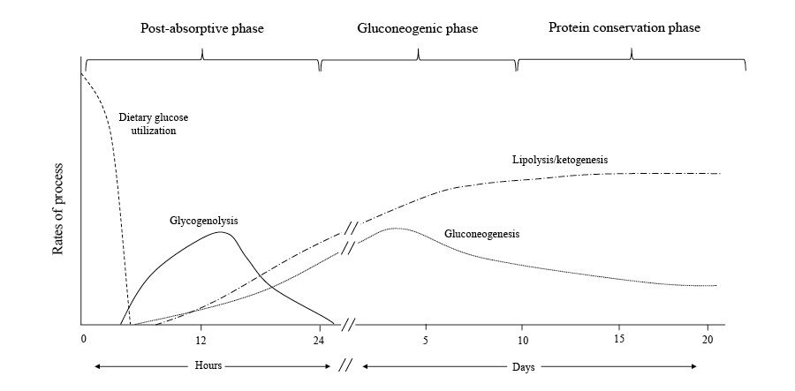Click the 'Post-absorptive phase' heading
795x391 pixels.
(x=202, y=28)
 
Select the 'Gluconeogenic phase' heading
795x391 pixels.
(x=417, y=28)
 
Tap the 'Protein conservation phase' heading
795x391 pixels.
(x=624, y=27)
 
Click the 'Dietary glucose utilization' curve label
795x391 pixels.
(x=154, y=124)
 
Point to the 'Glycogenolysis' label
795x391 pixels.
(x=204, y=220)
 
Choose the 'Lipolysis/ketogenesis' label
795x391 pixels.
(x=560, y=160)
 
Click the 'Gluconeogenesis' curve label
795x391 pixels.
(x=481, y=234)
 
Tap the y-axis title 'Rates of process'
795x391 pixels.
(x=58, y=208)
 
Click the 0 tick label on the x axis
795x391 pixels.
(x=83, y=340)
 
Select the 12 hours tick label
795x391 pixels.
(x=201, y=340)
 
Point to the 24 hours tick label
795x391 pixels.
(x=319, y=340)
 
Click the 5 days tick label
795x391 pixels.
(x=425, y=340)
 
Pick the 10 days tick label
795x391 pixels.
(x=521, y=340)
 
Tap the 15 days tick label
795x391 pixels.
(x=618, y=340)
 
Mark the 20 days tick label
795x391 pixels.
(x=708, y=340)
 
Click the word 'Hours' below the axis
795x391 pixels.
(x=208, y=365)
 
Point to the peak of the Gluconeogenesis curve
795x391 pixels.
(x=394, y=228)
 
